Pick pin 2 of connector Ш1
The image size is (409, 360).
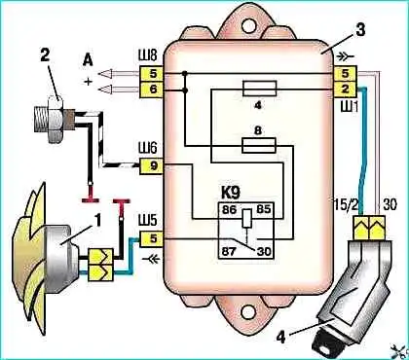tap(346, 89)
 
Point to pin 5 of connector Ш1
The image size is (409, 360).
tap(346, 74)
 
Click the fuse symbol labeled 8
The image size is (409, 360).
tap(259, 145)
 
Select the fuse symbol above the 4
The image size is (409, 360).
tap(259, 89)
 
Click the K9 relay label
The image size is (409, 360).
tap(230, 193)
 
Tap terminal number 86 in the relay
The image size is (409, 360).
tap(229, 209)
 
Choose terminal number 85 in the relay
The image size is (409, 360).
tap(263, 209)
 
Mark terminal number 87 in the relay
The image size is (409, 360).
tap(229, 252)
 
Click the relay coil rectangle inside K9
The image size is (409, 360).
tap(246, 218)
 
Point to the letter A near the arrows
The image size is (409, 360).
tap(88, 59)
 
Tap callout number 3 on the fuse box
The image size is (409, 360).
tap(360, 30)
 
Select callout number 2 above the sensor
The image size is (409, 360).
tap(45, 55)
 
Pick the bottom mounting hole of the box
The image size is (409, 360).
tap(248, 311)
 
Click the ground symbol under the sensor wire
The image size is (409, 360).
tap(90, 199)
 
